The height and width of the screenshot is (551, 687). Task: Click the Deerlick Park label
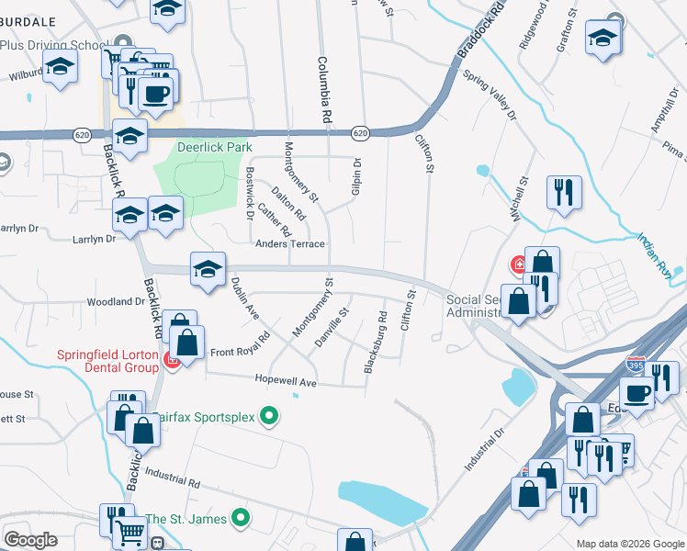(215, 147)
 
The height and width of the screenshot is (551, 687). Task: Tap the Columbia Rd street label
(323, 90)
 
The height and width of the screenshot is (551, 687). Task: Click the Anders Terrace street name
(290, 244)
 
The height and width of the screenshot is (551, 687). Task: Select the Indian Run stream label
(655, 254)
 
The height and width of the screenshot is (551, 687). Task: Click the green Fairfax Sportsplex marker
(269, 417)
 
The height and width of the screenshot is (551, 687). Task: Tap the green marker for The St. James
(242, 519)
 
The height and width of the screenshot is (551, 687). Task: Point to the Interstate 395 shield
(636, 365)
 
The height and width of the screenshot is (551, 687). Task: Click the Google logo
(30, 540)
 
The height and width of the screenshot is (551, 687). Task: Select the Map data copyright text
(629, 544)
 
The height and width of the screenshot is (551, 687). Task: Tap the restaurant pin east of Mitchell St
(563, 193)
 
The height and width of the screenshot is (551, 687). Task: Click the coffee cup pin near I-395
(637, 394)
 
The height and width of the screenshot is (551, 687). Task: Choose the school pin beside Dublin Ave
(208, 269)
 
